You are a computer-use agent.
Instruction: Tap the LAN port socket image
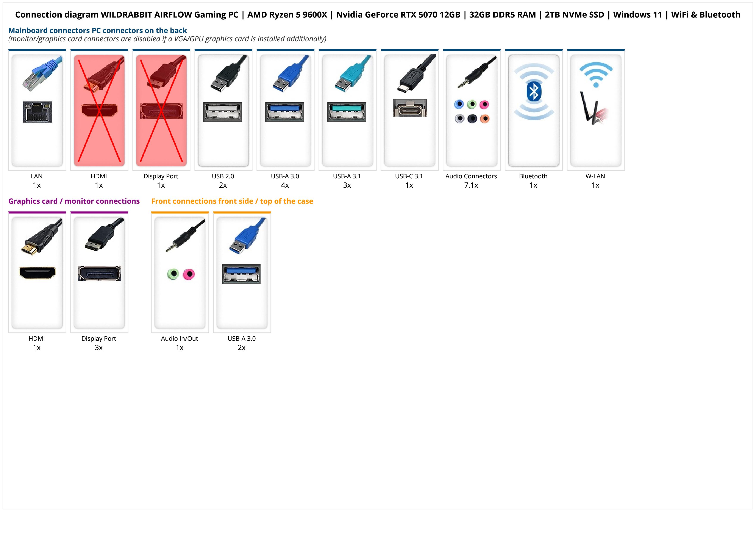[37, 112]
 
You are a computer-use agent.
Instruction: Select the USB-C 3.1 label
[409, 176]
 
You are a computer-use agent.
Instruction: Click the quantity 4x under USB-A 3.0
[285, 185]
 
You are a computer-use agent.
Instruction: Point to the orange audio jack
[485, 118]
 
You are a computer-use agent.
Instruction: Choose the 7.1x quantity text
[471, 185]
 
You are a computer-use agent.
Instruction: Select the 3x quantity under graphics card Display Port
[99, 347]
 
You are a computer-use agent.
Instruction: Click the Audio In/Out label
[180, 338]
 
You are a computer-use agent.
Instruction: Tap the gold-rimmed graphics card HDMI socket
[37, 273]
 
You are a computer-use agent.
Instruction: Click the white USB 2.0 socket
[223, 112]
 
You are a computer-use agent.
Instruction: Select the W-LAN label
[595, 176]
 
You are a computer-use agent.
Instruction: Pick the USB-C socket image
[410, 108]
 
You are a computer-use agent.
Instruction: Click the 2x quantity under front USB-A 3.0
[242, 347]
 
